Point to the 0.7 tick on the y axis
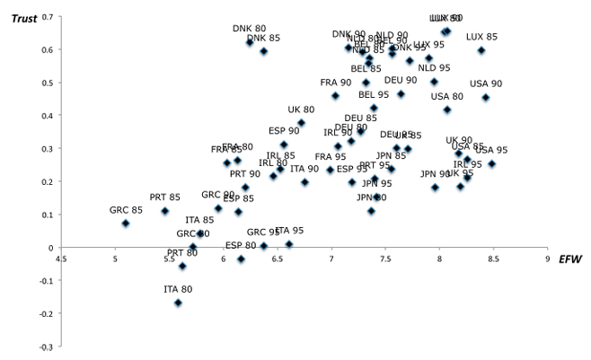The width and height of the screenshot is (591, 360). [x=48, y=17]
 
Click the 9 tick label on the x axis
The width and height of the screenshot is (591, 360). [x=547, y=260]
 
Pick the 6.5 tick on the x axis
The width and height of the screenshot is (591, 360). [x=277, y=260]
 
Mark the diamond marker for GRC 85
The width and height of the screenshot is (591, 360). [x=126, y=223]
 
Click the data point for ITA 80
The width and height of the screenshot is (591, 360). [x=178, y=303]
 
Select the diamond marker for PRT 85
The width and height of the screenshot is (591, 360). [x=164, y=211]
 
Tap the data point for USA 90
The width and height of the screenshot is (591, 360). [x=486, y=98]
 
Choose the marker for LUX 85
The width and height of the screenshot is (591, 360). [x=481, y=50]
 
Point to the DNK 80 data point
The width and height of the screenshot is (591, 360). [x=250, y=42]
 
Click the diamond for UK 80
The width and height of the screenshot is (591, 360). [x=301, y=123]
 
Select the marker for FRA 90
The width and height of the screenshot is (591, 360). [x=335, y=96]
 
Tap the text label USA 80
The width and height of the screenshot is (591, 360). [x=446, y=97]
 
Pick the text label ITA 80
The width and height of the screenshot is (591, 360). [x=178, y=289]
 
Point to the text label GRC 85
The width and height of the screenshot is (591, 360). [x=126, y=210]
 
